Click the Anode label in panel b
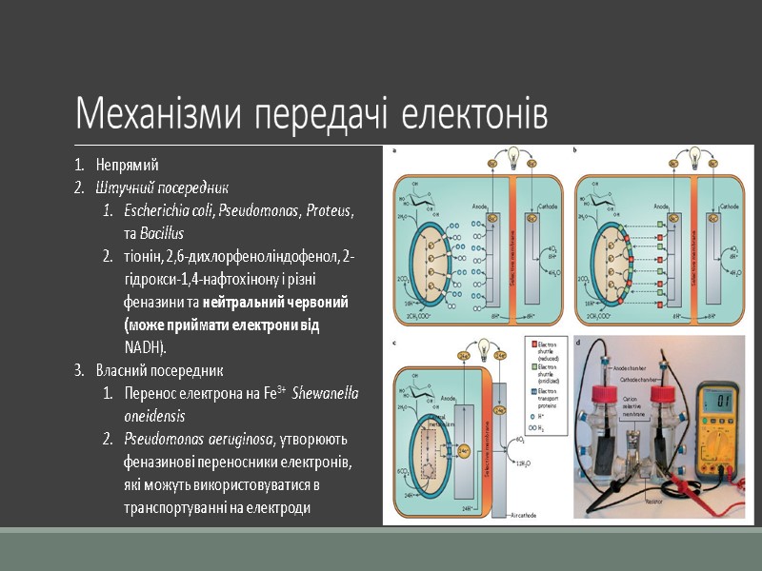(x=660, y=204)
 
